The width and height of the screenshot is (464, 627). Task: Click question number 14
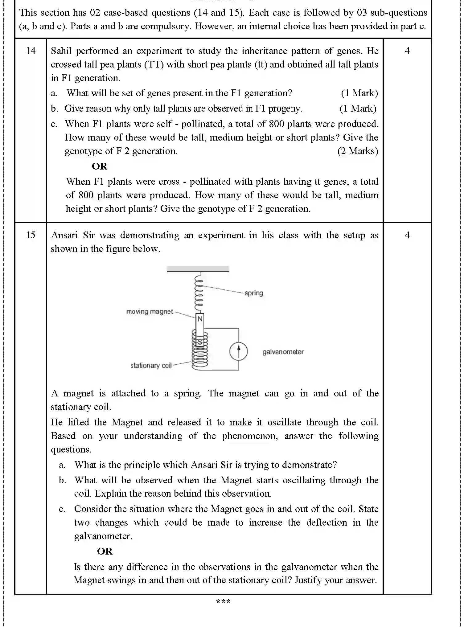tap(31, 51)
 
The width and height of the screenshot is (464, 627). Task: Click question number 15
tap(31, 235)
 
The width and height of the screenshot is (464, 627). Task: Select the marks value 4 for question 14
tap(407, 51)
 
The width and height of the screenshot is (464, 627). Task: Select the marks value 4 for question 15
tap(407, 235)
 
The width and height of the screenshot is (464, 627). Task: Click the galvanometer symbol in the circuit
tap(238, 351)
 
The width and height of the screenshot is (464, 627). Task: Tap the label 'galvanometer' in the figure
tap(283, 352)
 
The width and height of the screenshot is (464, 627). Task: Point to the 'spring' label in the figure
tap(254, 293)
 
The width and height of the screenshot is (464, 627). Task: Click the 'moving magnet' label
tap(150, 312)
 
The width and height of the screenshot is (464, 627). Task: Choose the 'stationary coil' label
tap(151, 366)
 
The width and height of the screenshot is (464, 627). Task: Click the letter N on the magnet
tap(200, 319)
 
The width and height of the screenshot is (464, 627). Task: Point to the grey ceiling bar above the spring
tap(198, 269)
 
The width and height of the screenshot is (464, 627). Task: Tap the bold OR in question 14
tap(99, 166)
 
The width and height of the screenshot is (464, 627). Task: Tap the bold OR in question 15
tap(105, 551)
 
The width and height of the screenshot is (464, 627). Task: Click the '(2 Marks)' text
tap(358, 151)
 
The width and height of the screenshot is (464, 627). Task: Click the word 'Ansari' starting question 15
tap(64, 235)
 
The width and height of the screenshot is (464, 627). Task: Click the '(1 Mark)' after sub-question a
tap(359, 93)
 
